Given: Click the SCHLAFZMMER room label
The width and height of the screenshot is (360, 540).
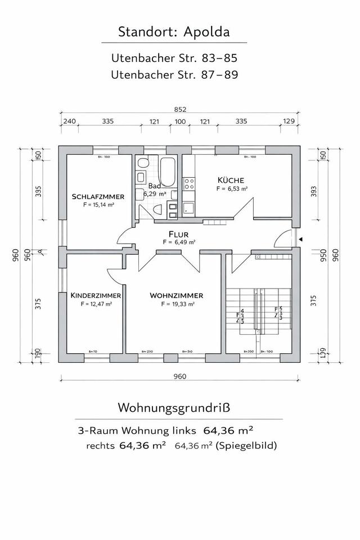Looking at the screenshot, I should point(98,197).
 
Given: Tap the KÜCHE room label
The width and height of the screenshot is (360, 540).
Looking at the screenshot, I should point(231,180).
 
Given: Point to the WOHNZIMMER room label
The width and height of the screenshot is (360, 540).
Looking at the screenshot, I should point(176,295).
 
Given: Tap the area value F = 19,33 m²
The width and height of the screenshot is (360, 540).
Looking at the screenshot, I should point(177,304).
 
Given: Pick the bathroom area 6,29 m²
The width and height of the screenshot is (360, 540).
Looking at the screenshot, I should point(155,193).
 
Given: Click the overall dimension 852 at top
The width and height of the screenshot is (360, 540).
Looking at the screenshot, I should point(180,110).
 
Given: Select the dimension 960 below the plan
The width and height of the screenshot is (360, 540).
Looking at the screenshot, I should point(180,377).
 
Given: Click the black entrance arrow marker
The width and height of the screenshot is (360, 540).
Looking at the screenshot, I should point(301,239).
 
